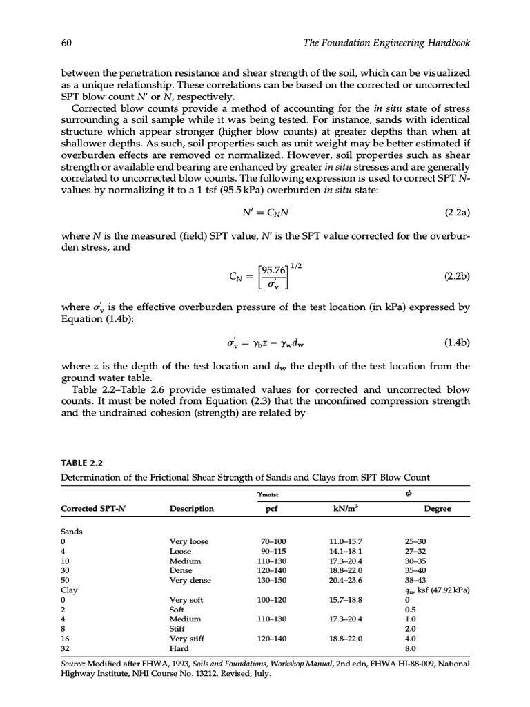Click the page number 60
click(x=68, y=43)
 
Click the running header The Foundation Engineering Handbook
click(x=386, y=43)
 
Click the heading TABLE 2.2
click(x=81, y=463)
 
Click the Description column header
click(x=192, y=508)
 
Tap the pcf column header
click(x=271, y=508)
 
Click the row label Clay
click(x=70, y=591)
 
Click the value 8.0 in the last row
click(x=410, y=649)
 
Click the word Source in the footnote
click(x=75, y=664)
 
